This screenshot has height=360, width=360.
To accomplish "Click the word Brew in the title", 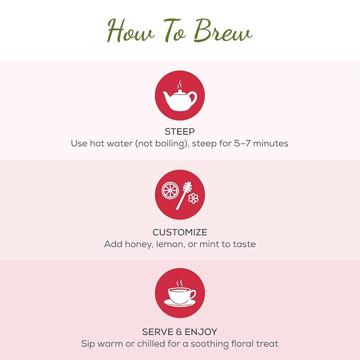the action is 223,31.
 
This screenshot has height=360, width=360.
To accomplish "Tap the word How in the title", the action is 130,31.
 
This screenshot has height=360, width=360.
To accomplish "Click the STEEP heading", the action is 180,131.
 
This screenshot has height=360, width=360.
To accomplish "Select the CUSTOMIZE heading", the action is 180,232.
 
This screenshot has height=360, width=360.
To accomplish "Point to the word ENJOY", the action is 201,332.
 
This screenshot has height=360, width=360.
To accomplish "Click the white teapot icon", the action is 180,99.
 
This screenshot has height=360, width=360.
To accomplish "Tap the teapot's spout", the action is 166,95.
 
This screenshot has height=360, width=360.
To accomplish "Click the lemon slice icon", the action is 170,190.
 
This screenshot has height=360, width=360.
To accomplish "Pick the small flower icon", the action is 194,198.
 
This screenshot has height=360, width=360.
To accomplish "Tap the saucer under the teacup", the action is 180,303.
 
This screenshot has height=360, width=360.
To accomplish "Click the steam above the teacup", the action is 180,283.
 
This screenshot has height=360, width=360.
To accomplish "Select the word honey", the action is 139,244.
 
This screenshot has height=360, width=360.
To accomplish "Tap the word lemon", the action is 170,244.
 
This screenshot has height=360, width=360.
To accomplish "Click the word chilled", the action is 151,344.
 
